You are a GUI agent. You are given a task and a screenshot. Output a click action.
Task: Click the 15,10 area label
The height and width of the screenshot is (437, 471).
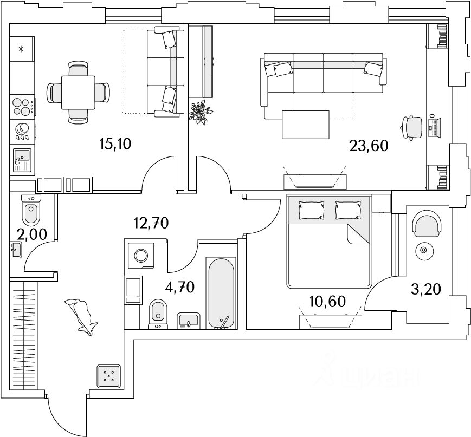(x=115, y=144)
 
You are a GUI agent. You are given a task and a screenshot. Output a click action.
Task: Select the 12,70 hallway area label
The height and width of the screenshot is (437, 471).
(x=151, y=222)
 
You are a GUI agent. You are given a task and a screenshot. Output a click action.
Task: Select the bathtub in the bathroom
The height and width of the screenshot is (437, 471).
(x=221, y=293)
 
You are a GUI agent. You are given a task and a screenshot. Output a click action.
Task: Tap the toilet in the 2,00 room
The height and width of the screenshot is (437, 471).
(x=31, y=209)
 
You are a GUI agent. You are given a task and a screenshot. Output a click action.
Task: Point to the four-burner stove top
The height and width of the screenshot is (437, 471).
(x=22, y=106)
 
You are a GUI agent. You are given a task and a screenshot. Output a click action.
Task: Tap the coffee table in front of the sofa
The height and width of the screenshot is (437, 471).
(x=306, y=124)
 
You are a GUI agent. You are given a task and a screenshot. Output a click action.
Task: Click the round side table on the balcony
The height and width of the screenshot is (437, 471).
(x=424, y=250)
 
